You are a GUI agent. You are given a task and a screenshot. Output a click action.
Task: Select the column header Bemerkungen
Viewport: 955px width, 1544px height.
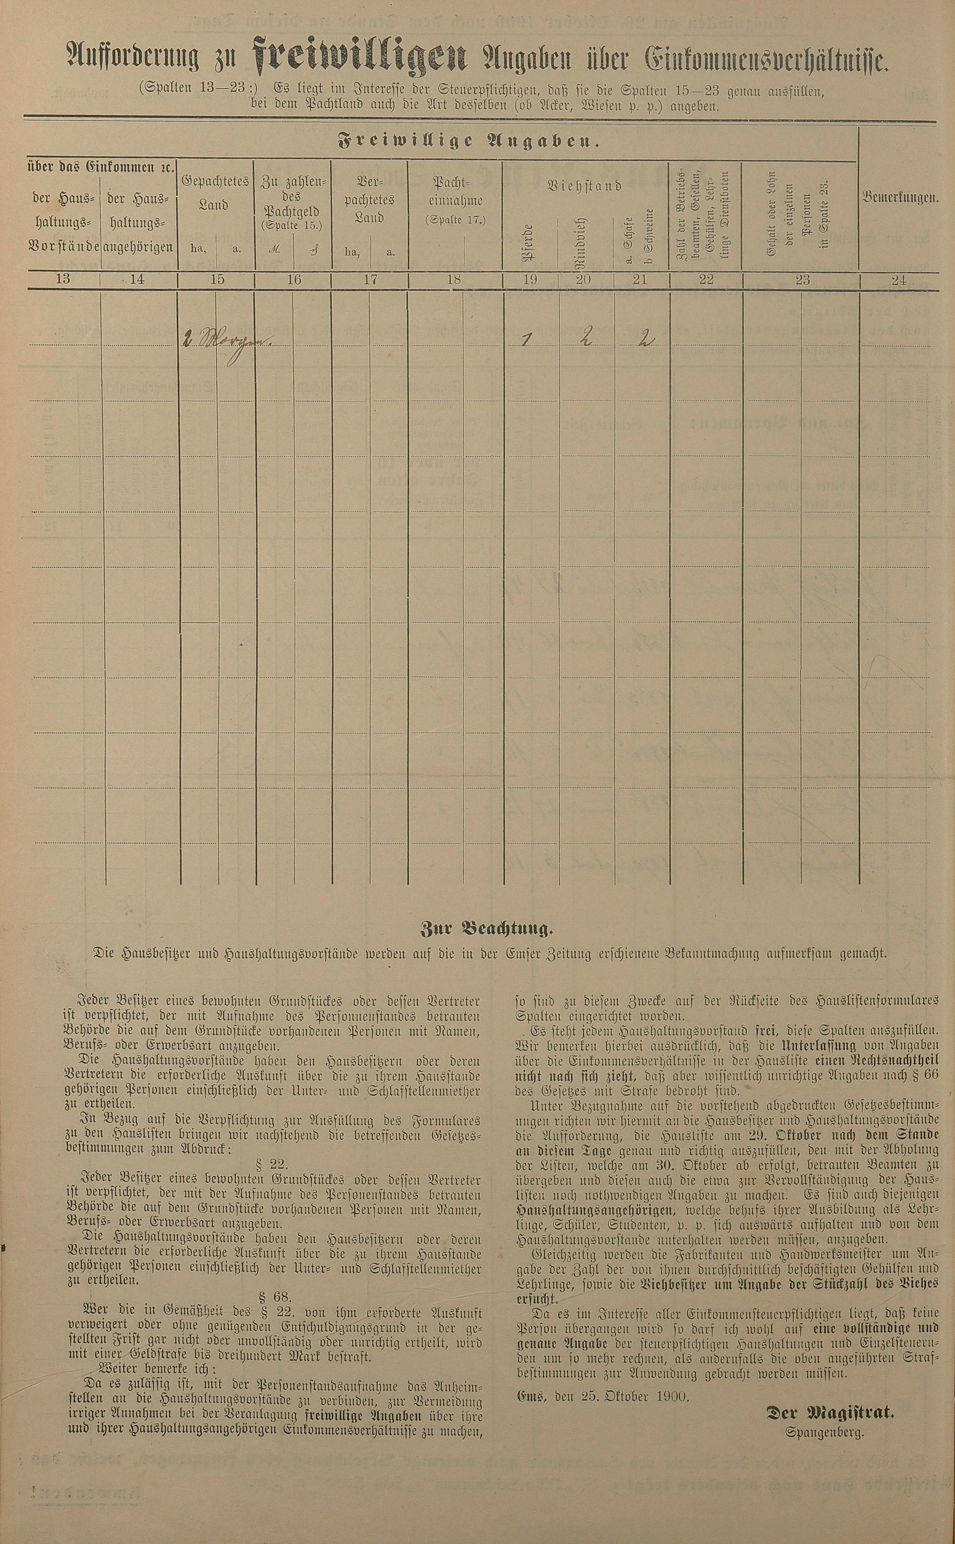[899, 197]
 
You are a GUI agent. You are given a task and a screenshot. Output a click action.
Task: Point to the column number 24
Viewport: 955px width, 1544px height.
[899, 280]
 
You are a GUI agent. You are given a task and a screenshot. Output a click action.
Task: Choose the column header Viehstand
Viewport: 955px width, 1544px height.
[584, 186]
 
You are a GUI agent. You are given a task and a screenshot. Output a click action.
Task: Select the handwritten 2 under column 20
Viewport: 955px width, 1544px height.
[585, 340]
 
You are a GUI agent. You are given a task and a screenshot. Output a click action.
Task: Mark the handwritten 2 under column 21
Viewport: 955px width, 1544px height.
[644, 340]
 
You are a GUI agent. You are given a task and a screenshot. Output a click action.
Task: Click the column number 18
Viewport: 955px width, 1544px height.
[454, 279]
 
